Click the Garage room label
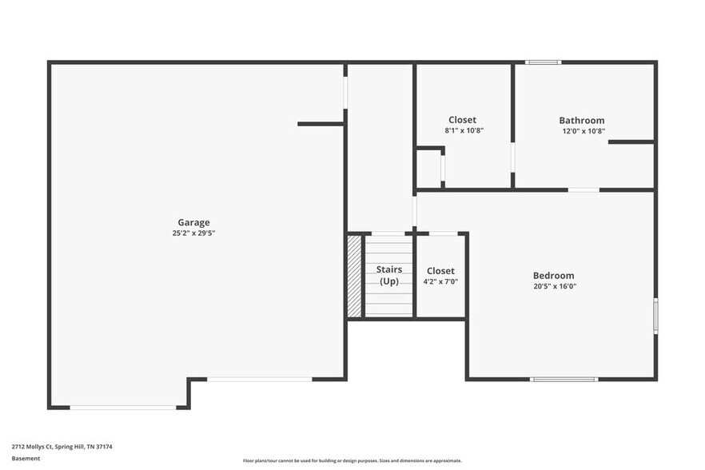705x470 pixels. tap(193, 222)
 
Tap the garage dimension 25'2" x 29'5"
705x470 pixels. tap(193, 233)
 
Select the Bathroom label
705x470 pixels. tap(581, 121)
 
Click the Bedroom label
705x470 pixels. tap(553, 276)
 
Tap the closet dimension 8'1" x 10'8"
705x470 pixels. tap(464, 130)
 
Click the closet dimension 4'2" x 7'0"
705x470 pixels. tap(440, 281)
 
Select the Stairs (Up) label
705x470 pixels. tap(389, 275)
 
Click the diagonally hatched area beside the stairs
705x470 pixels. tap(355, 275)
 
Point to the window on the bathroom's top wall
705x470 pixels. tap(543, 62)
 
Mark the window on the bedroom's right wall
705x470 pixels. tap(655, 315)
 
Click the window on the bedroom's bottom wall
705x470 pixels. tap(564, 379)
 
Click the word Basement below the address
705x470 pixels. tap(26, 459)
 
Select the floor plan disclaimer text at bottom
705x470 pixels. tap(352, 460)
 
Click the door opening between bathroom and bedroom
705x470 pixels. tap(584, 189)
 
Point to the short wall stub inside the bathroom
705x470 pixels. tap(631, 142)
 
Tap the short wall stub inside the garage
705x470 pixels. tap(321, 124)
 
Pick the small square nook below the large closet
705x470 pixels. tap(429, 168)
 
